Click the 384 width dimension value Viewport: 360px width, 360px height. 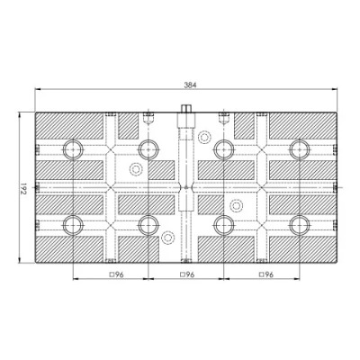[x=190, y=85]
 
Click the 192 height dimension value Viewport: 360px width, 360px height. [x=23, y=188]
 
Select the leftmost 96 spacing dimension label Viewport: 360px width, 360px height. [x=116, y=274]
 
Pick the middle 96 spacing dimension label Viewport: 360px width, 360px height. [x=187, y=274]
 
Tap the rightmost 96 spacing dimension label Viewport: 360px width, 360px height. [x=266, y=274]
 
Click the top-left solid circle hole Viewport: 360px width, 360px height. [x=73, y=149]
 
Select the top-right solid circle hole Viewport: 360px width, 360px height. [x=299, y=149]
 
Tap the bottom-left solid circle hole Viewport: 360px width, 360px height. [x=73, y=225]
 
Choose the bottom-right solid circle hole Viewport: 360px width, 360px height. [x=299, y=225]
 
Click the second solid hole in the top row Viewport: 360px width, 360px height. [x=148, y=149]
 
